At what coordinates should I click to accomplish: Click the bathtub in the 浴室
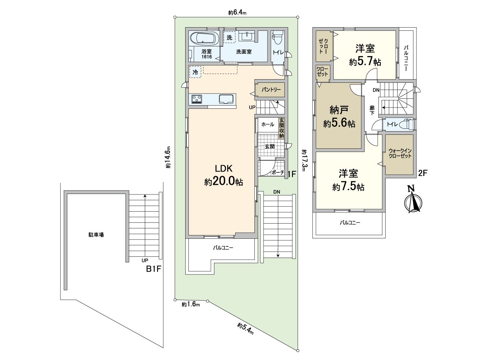tap(204, 39)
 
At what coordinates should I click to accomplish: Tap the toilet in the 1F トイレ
tap(277, 40)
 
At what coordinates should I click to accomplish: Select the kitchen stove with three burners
tap(197, 99)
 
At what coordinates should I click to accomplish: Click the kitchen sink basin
tap(226, 99)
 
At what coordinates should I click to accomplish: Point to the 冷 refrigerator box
tap(195, 72)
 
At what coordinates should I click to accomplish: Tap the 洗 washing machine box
tap(229, 37)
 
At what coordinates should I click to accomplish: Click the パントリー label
tap(272, 90)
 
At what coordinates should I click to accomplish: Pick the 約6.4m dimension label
tap(237, 13)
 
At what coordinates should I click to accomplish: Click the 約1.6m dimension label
tap(190, 305)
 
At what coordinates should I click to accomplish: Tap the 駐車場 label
tap(96, 235)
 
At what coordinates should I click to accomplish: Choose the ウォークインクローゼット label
tap(400, 153)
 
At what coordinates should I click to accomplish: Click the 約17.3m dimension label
tap(304, 160)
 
